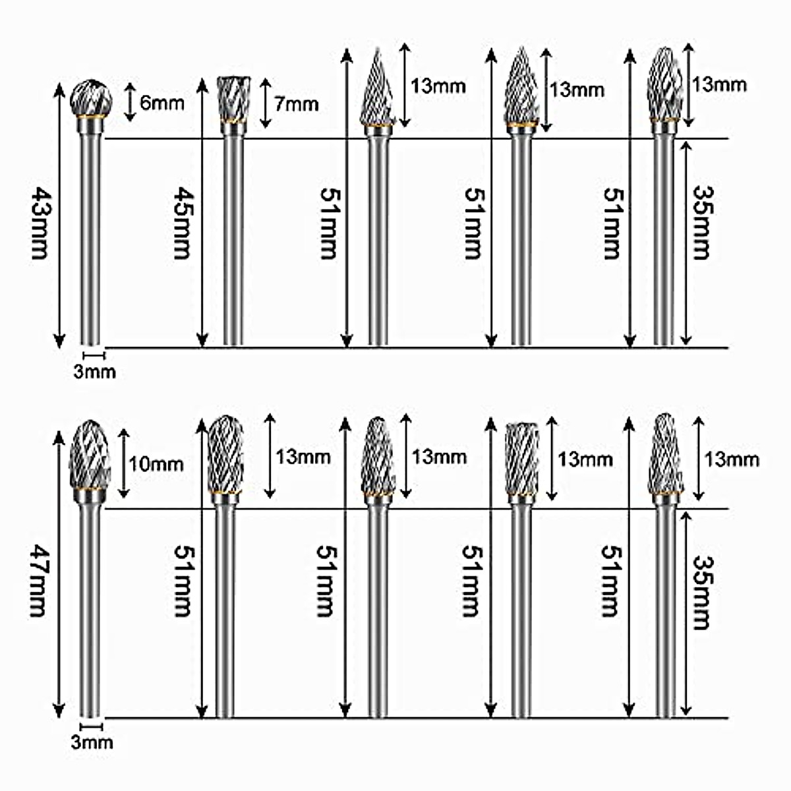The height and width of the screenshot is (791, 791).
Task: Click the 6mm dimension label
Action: tap(161, 102)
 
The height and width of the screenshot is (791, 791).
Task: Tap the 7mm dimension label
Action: tap(296, 103)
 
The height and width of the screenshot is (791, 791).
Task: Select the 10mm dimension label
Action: tap(156, 464)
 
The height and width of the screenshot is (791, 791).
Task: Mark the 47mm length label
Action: tap(38, 581)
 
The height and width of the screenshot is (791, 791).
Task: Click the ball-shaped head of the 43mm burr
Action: tap(91, 97)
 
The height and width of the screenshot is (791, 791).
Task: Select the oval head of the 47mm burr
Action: tap(90, 454)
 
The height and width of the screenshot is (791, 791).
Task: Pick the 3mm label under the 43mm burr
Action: tap(94, 372)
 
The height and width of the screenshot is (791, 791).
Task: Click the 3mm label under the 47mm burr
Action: tap(92, 743)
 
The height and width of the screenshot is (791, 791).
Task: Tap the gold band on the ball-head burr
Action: tap(91, 117)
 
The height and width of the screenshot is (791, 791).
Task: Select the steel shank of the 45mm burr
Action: tap(232, 237)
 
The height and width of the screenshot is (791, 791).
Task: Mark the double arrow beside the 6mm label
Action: tap(130, 102)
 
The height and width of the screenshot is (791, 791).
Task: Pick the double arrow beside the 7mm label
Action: tap(265, 103)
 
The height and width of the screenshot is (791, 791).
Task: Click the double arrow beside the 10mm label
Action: tap(123, 463)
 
